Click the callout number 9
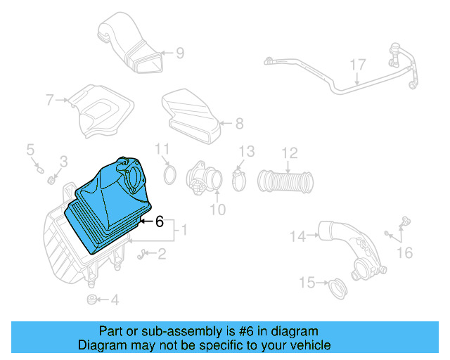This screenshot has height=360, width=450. coord(180,53)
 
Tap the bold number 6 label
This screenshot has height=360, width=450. coord(159,222)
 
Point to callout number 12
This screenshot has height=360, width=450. coord(290,152)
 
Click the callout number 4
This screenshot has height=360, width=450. coord(115,300)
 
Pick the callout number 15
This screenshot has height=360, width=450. coord(307,283)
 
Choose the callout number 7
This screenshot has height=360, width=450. coord(49,100)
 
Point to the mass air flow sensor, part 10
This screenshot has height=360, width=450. coord(204,180)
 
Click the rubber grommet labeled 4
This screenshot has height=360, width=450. coord(91,300)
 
